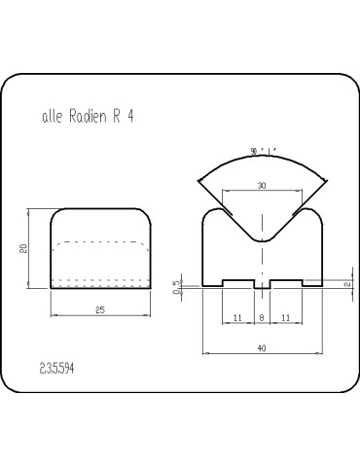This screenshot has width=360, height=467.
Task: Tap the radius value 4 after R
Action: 129,115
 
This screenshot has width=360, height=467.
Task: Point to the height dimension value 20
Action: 23,248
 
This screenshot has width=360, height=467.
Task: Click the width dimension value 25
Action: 101,309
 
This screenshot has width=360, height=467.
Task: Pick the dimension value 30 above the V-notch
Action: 261,185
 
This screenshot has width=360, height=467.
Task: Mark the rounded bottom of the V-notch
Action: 263,236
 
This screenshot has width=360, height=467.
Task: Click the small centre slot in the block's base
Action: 262,284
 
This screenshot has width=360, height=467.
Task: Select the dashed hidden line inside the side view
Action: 101,241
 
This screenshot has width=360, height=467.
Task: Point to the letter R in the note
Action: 116,115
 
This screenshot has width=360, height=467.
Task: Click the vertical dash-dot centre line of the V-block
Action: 263,263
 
